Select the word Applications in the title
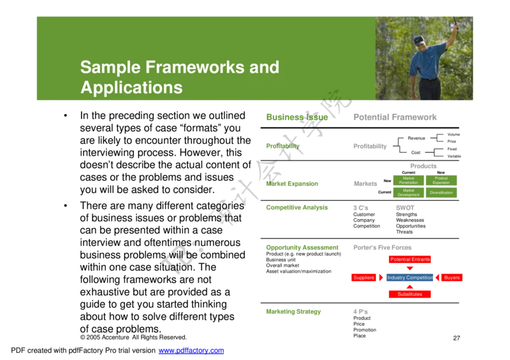tap(131, 87)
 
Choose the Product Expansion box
tap(441, 180)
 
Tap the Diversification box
tap(441, 192)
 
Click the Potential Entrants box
tap(410, 259)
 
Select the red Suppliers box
tap(363, 278)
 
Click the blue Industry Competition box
tap(411, 278)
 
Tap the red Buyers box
tap(452, 278)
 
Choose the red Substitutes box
tap(410, 295)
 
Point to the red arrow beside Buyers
tap(439, 278)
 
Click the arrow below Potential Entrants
tap(410, 268)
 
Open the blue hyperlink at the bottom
tap(191, 351)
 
